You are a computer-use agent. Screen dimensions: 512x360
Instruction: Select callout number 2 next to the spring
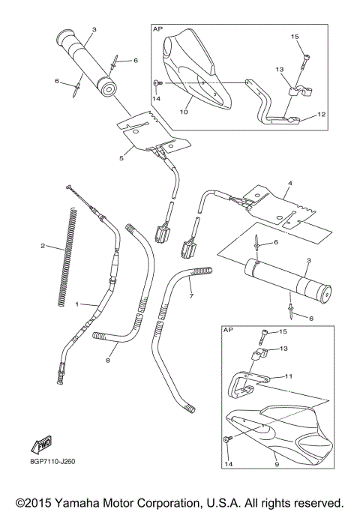pos(43,246)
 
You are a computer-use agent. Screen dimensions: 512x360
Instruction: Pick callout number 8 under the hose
pos(107,361)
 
